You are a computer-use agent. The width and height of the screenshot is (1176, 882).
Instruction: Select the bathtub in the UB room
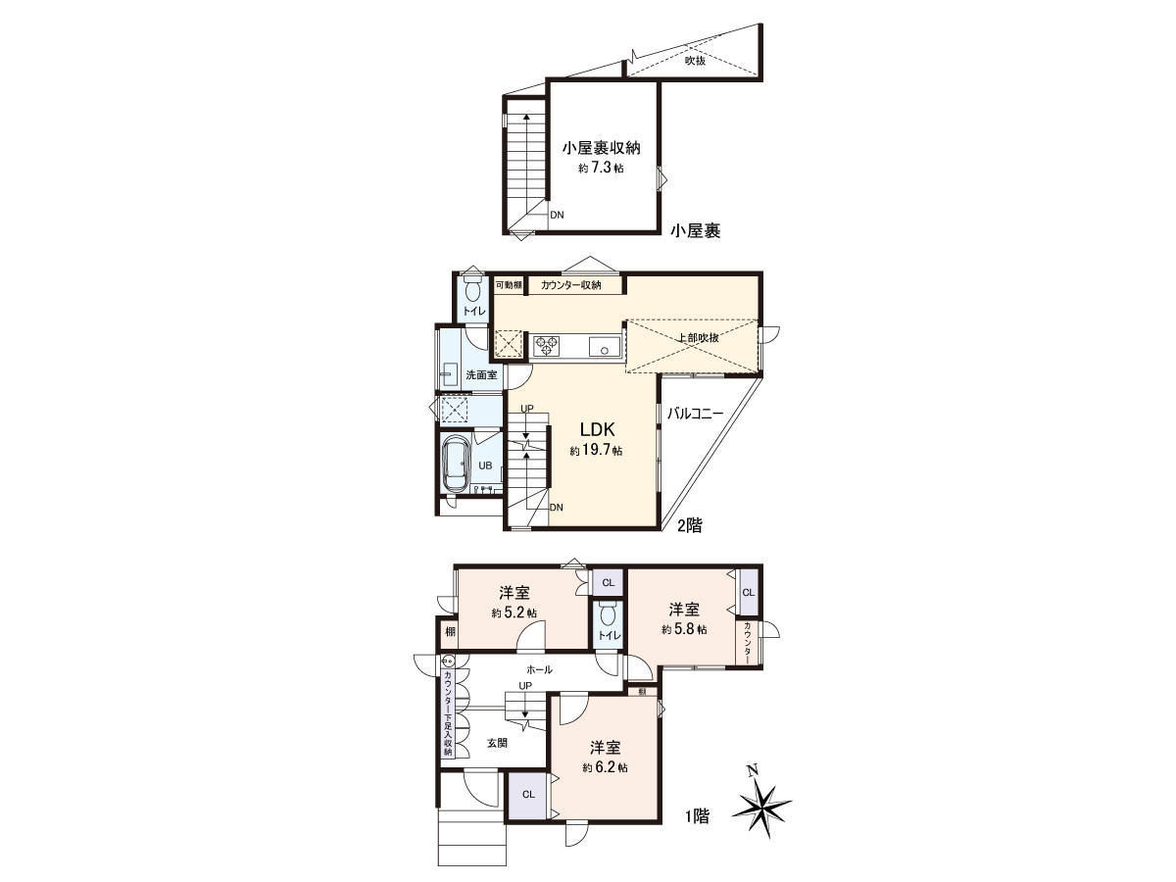(457, 463)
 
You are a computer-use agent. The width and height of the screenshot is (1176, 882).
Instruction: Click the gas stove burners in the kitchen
(547, 345)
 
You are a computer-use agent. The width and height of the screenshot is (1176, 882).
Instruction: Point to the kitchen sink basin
(605, 347)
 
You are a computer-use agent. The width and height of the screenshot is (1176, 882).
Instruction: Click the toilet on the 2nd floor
(472, 290)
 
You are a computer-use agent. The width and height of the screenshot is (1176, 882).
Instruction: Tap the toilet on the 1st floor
(608, 615)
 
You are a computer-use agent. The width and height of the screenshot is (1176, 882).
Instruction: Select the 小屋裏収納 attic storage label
(601, 148)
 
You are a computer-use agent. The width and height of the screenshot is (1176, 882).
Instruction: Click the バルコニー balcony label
(695, 414)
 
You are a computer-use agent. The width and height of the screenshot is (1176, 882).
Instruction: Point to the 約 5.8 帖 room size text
(684, 629)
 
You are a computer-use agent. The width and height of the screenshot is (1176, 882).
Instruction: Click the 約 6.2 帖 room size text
(605, 767)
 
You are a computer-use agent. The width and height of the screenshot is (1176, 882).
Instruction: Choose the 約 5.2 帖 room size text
(514, 612)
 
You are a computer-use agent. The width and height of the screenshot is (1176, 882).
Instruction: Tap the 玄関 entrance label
(497, 743)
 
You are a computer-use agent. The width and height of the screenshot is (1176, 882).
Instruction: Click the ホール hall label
(540, 669)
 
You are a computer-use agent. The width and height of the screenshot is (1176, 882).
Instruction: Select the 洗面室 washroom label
(481, 375)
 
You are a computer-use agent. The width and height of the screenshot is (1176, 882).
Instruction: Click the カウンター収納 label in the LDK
(570, 285)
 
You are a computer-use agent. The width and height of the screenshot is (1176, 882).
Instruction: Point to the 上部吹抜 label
(698, 337)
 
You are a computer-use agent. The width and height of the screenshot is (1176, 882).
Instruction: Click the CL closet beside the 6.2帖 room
(528, 795)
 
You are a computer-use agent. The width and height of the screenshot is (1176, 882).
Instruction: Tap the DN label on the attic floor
(558, 215)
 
